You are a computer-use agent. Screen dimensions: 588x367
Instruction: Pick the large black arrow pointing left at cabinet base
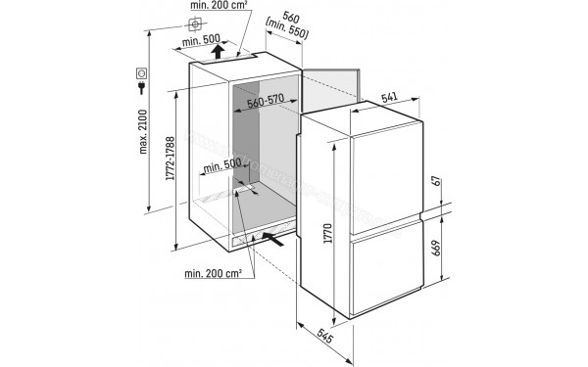pyautogui.click(x=277, y=238)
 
